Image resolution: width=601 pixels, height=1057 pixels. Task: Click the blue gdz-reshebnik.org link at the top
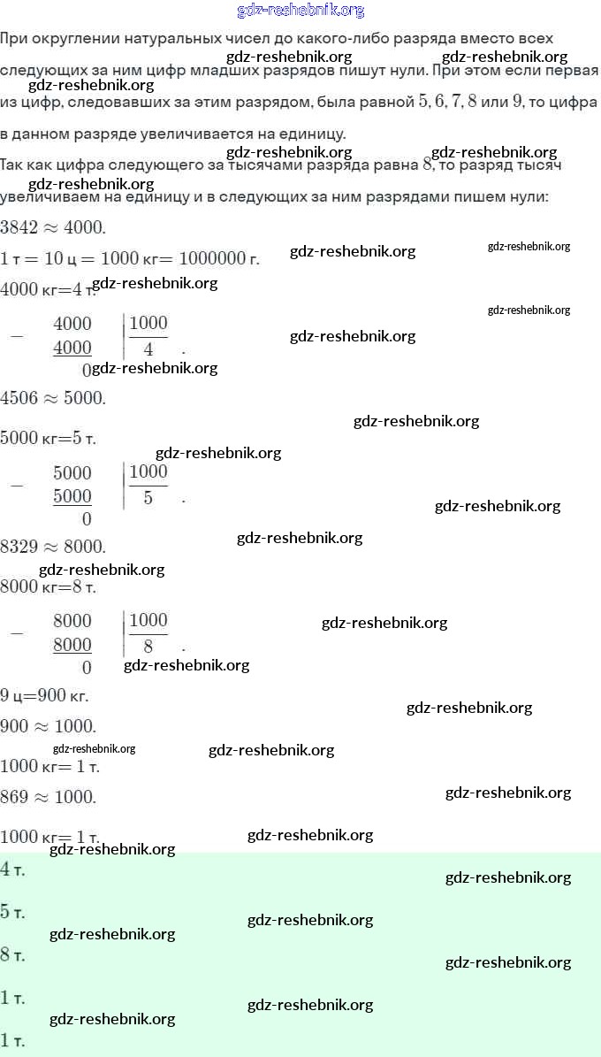pos(300,11)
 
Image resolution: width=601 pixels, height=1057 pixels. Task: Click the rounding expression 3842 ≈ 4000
pos(53,227)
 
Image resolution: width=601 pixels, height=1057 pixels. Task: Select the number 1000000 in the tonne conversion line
pos(213,258)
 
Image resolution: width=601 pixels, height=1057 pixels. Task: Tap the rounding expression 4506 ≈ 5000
pos(53,397)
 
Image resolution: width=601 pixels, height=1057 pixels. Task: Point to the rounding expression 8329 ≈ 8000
pos(53,547)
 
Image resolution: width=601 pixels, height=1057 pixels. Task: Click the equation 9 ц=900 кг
pos(44,695)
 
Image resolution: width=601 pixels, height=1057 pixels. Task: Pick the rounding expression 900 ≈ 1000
pos(48,726)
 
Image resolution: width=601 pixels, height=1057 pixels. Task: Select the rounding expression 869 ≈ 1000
pos(48,796)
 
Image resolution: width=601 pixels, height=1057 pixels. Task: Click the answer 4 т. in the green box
pos(13,869)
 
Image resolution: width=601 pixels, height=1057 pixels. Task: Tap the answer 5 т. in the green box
pos(13,912)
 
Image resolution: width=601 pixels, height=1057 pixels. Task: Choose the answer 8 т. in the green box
pos(13,955)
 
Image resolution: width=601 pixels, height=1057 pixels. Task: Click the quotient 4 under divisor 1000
pos(148,349)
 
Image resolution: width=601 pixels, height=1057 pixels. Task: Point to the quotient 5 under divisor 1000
pos(148,498)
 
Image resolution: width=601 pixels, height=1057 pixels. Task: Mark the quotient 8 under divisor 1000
pos(148,647)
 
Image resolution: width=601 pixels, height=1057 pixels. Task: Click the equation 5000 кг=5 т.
pos(49,438)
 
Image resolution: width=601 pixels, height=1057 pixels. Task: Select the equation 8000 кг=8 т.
pos(49,586)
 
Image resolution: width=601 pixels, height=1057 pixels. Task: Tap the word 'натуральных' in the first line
pos(151,39)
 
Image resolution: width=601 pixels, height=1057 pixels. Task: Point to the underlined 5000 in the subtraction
pos(72,496)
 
